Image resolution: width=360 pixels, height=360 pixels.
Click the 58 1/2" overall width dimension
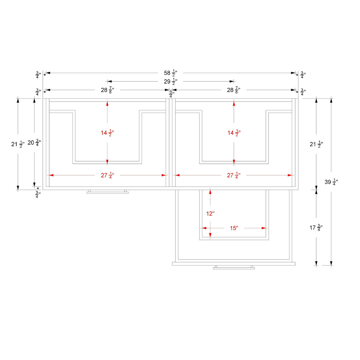[x=170, y=73]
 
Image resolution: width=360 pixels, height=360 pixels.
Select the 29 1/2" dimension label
[x=170, y=82]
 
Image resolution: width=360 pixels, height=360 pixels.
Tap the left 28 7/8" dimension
[x=107, y=90]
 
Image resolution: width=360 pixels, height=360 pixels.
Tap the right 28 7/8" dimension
[x=233, y=90]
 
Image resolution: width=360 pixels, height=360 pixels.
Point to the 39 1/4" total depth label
[x=331, y=182]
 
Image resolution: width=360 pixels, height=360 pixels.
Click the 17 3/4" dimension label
[x=316, y=228]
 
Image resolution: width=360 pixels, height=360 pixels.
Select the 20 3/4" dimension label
[x=34, y=143]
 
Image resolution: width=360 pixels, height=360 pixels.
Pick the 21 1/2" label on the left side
[x=18, y=144]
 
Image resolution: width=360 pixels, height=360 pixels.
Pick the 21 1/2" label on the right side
[x=316, y=144]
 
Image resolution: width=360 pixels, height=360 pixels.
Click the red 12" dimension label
[x=210, y=214]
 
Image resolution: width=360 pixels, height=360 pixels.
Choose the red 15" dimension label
[x=234, y=228]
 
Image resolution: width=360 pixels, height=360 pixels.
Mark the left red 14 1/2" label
[x=107, y=133]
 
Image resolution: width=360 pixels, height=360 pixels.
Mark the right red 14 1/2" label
[x=234, y=133]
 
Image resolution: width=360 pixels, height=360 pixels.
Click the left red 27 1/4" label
[x=107, y=175]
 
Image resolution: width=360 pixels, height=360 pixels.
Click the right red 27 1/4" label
[x=233, y=175]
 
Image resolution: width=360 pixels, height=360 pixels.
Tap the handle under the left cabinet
[x=107, y=192]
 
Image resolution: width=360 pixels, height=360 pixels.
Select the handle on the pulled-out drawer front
[x=234, y=267]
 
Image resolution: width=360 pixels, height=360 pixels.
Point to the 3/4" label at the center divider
[x=171, y=94]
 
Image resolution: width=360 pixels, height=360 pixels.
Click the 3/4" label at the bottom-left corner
[x=37, y=195]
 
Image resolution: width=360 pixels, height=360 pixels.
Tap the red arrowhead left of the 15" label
[x=204, y=228]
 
